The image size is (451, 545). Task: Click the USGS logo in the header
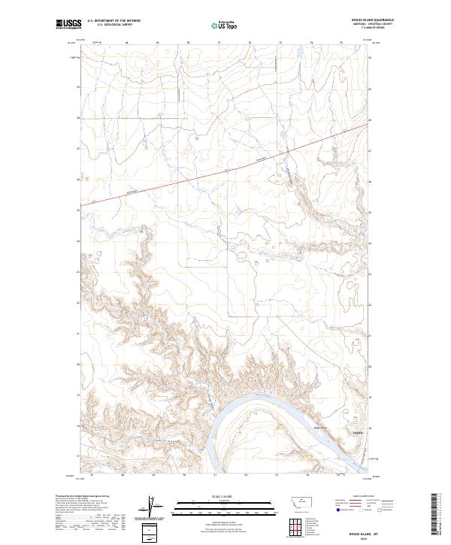coord(67,24)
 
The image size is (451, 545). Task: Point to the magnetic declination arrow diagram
coord(148,509)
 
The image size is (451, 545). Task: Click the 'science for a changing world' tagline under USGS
coord(66,30)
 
